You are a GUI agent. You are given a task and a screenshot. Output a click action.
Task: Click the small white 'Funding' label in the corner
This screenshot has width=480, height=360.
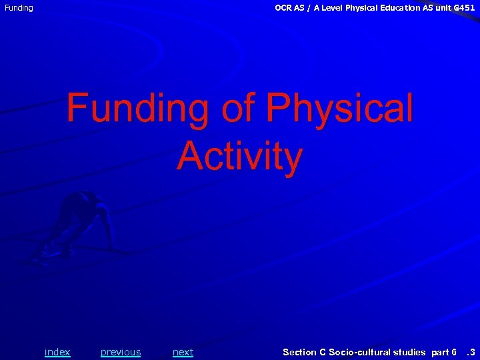tap(19, 8)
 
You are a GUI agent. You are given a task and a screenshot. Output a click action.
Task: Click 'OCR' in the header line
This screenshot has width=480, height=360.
tap(283, 7)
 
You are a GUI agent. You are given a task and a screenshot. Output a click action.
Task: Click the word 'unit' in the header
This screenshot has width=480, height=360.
tap(442, 7)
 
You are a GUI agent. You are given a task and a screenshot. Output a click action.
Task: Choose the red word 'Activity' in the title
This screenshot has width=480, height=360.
tap(240, 157)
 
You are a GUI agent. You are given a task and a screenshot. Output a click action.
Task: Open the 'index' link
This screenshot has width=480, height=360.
tap(57, 352)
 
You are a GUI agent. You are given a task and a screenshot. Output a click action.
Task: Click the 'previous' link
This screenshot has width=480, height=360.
tap(121, 352)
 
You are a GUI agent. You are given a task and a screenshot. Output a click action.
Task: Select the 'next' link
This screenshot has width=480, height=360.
tap(183, 352)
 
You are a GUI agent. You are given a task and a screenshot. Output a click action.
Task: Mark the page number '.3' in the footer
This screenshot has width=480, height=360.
tap(470, 352)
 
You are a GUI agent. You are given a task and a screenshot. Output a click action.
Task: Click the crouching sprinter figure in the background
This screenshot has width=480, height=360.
tap(77, 223)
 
